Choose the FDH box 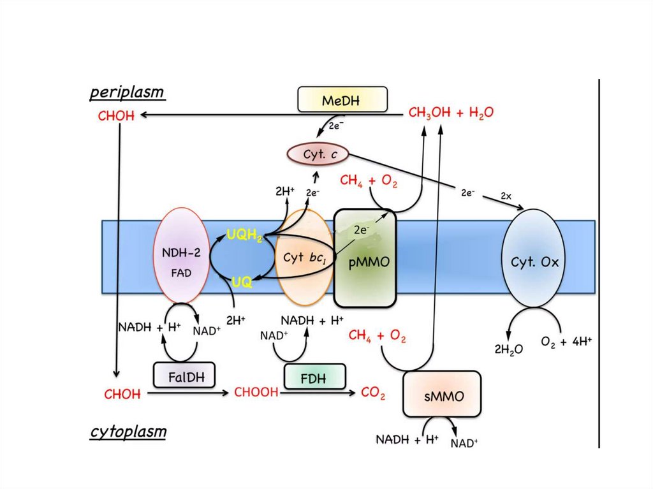point(314,377)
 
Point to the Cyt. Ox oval point(534,261)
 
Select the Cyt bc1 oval point(305,258)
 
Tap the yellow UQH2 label point(246,236)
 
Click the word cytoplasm point(128,432)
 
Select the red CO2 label point(373,394)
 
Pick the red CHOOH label point(257,393)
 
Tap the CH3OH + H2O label point(450,113)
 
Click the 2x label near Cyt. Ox point(506,196)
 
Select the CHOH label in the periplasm point(116,117)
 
